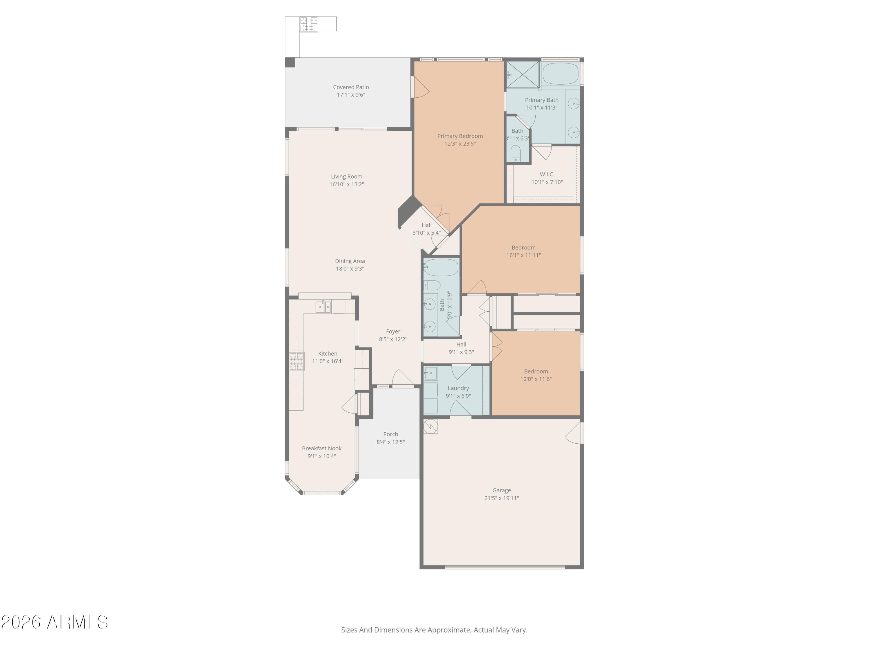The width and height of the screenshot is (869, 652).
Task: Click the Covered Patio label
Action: [x=351, y=87]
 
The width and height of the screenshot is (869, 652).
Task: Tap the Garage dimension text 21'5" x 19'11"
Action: [x=501, y=498]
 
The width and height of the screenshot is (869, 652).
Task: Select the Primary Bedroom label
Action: [x=460, y=136]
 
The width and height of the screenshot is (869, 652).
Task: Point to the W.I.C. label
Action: [x=547, y=174]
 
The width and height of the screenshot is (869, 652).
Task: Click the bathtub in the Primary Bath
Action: [x=560, y=74]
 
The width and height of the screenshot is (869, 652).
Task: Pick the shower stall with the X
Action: [x=523, y=74]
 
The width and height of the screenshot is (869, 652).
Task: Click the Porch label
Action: [x=390, y=434]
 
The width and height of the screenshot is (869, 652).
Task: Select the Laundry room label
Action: [x=458, y=388]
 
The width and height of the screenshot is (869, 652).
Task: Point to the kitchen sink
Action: [x=323, y=307]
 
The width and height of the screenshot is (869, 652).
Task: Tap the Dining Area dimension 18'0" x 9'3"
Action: [x=350, y=269]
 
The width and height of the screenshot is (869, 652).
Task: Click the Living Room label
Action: [x=346, y=176]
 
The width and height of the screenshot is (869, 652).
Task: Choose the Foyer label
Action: [x=393, y=332]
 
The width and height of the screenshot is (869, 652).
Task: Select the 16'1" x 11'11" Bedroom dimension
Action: [x=523, y=255]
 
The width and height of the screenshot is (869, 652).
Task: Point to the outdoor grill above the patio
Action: [x=309, y=24]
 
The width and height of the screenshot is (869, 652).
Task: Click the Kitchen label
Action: [x=328, y=354]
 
